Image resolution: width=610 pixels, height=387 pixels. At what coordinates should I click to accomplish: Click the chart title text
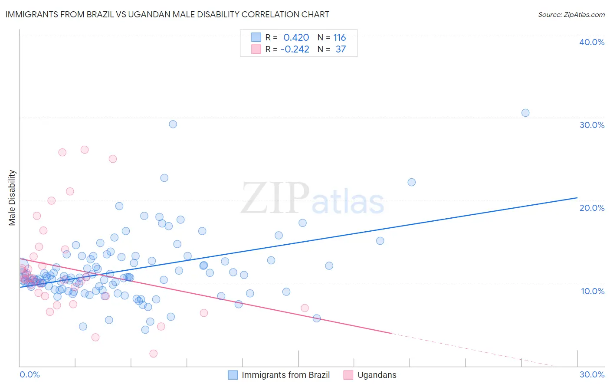coord(167,14)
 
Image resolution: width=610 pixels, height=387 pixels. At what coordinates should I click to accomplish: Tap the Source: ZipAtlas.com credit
coord(571,14)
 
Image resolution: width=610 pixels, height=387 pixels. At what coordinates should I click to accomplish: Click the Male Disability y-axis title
coord(12,197)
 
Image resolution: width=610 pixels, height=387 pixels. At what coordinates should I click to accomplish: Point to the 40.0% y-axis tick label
coord(592,42)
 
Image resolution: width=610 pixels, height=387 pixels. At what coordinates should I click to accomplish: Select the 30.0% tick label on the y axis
coord(592,125)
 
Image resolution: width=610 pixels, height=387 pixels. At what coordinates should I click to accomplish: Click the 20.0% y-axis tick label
coord(592,208)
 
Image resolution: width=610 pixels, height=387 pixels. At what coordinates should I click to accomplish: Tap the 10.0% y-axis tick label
coord(593,291)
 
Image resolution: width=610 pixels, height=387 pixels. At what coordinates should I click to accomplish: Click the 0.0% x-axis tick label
coord(30,374)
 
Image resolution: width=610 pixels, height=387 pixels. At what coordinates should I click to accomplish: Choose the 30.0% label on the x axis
coord(592,374)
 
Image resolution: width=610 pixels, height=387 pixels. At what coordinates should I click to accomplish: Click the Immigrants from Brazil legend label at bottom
coord(285,375)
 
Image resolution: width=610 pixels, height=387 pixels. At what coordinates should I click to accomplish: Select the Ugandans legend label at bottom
coord(377,375)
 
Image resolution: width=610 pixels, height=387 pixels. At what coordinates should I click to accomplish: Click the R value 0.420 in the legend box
coord(296,38)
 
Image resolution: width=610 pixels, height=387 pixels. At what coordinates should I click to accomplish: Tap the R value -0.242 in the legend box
coord(295,49)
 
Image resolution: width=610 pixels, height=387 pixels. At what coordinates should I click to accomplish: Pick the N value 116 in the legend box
coord(339,38)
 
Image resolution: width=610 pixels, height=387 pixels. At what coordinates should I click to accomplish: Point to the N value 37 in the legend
coord(341,49)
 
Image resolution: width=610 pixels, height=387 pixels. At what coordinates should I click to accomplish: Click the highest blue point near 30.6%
coord(525,113)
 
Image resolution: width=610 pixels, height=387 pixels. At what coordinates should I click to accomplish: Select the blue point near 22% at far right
coord(411,182)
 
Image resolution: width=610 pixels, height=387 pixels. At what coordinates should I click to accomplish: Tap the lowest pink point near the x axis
coord(153,354)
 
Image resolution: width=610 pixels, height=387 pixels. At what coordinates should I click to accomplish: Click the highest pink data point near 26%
coord(85,150)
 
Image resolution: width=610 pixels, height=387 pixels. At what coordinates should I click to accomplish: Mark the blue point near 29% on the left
coord(173,124)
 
